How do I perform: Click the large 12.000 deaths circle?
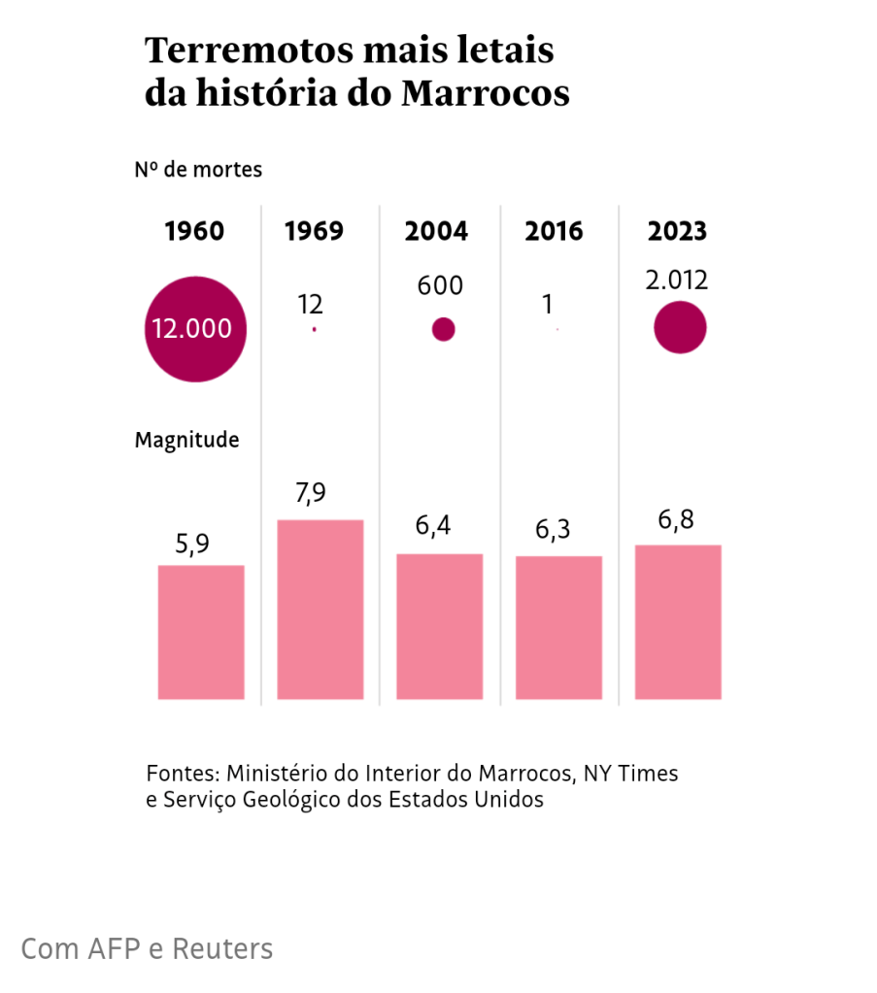(195, 328)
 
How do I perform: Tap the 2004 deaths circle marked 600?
(443, 329)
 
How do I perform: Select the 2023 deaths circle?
(680, 327)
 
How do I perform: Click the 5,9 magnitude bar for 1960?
(201, 632)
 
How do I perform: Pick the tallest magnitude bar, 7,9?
(320, 610)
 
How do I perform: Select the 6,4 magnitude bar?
(440, 626)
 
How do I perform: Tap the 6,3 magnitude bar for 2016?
(558, 627)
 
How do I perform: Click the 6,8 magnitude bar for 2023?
(678, 622)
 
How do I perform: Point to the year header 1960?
(194, 231)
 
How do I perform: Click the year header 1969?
(314, 231)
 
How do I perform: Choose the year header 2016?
(554, 231)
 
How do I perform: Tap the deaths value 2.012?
(677, 281)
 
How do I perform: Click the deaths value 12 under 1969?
(310, 304)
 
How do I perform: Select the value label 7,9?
(310, 493)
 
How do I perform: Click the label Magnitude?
(186, 440)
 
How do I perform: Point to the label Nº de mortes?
(198, 169)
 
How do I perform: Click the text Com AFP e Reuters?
(147, 948)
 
